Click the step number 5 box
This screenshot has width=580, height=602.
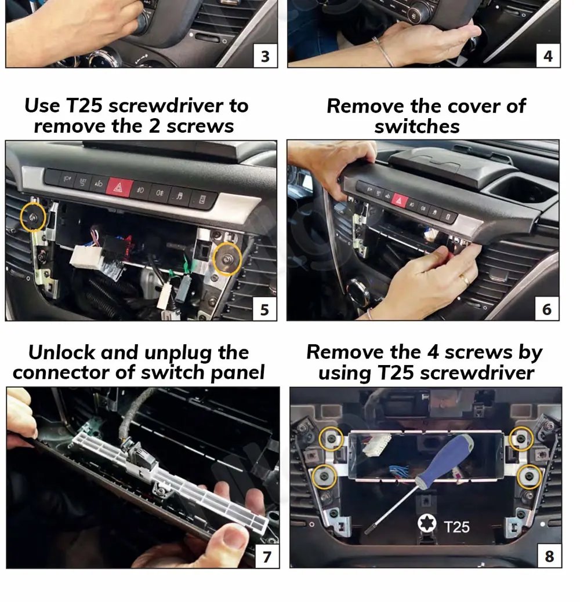pos(264,309)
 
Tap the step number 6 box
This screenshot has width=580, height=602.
pos(547,308)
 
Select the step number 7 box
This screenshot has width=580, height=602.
pos(267,556)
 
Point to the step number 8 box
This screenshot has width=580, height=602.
pos(550,556)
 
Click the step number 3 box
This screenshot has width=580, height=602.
pos(265,56)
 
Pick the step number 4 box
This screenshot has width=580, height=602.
pos(548,56)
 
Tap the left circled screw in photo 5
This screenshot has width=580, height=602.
pos(32,217)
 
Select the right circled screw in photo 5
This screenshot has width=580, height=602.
pos(227,259)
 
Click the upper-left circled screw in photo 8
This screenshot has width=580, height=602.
pos(331,438)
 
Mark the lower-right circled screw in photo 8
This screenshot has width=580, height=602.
pos(530,476)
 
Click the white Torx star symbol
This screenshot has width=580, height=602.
pos(427,523)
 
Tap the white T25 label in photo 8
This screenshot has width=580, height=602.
pos(456,527)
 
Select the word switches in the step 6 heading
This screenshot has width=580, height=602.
pos(417,126)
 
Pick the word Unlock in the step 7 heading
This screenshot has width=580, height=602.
pos(61,352)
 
